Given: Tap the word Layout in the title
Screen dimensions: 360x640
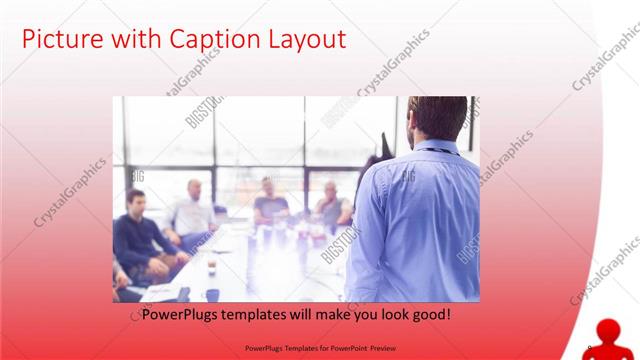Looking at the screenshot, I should [x=305, y=40].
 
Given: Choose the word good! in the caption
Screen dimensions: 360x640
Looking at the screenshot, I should [x=429, y=314].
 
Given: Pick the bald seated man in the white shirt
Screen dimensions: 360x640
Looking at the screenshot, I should [x=192, y=210].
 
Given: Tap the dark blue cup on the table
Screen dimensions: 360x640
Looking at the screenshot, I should [x=213, y=294].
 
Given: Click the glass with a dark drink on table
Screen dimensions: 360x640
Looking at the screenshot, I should [x=211, y=267].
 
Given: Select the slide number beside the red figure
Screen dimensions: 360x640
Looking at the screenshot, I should [x=589, y=348].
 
